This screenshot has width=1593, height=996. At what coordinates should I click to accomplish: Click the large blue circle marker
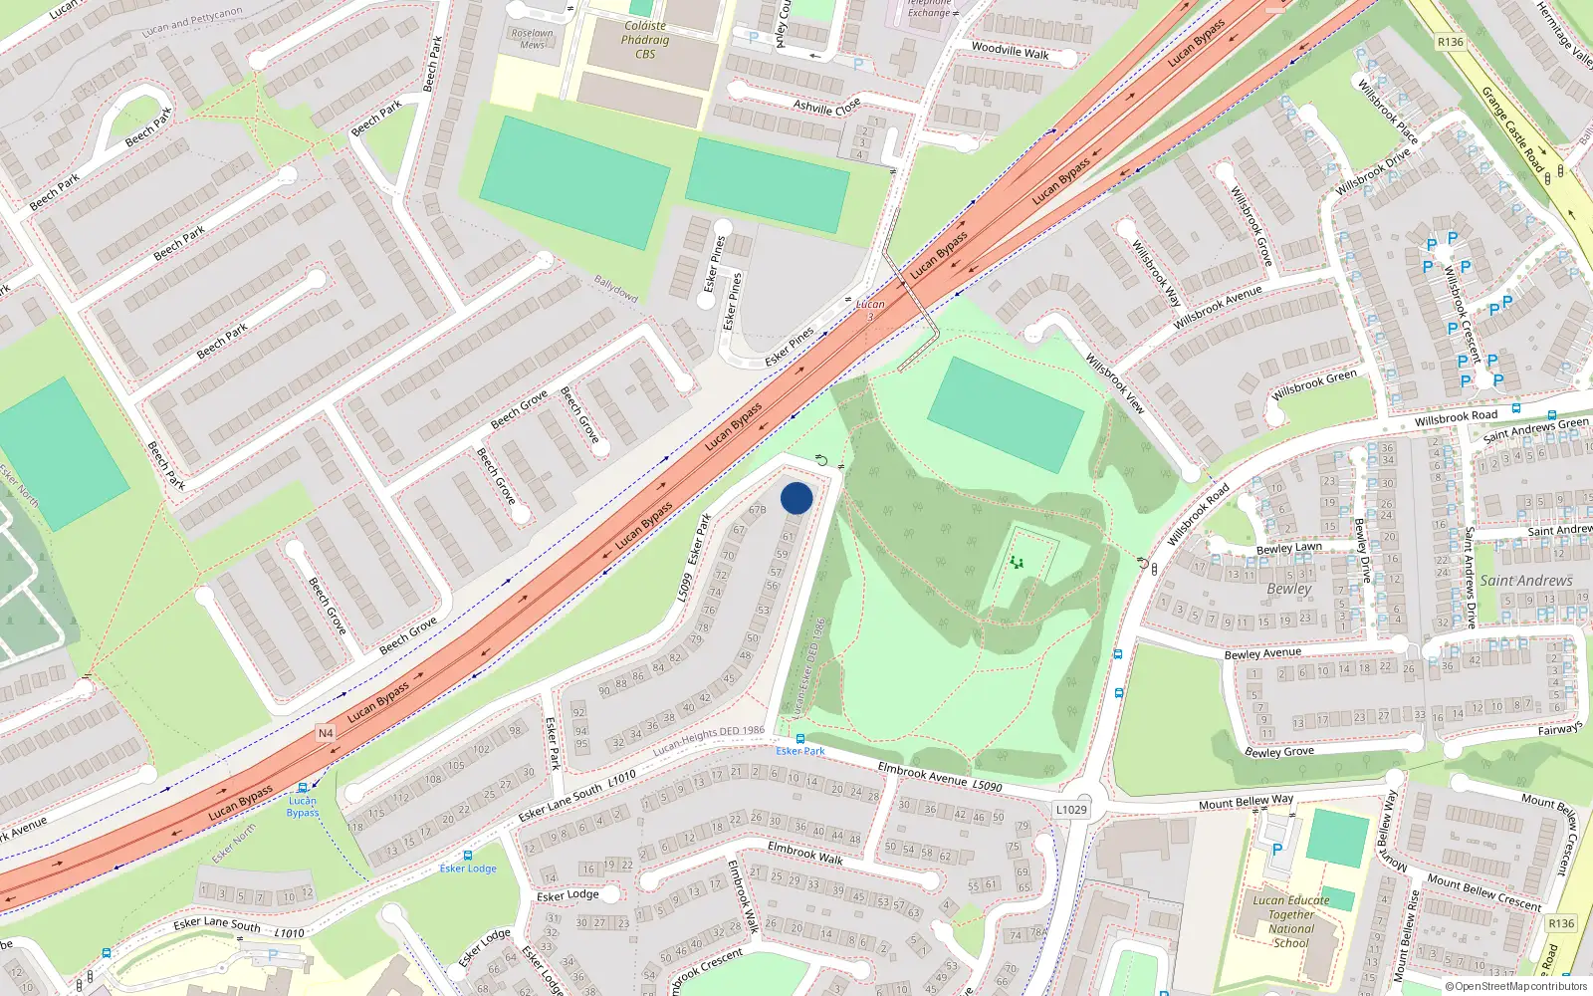796,498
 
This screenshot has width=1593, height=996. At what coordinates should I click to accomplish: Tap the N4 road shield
326,733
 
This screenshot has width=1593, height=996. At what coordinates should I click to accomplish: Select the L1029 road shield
1071,810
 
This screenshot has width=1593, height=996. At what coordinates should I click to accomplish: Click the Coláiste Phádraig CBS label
645,40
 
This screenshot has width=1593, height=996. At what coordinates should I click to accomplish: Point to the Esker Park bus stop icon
799,739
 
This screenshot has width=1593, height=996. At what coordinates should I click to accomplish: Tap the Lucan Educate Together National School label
1291,921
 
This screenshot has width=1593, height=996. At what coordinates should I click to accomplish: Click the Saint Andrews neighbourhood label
1526,581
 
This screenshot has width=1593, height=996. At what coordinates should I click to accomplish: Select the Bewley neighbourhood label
1289,589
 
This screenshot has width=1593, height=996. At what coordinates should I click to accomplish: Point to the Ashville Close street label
826,107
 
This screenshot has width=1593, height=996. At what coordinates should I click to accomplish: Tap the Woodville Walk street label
1010,50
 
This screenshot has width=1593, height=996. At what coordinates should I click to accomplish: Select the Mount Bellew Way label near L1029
1246,802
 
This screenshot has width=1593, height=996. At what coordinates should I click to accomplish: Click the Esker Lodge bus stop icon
468,856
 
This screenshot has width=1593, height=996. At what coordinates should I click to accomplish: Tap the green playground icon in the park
1016,563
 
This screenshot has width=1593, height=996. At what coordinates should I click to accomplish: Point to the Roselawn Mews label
533,39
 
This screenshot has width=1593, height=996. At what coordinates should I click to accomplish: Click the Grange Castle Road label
1511,129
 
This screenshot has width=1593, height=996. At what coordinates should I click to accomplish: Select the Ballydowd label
615,290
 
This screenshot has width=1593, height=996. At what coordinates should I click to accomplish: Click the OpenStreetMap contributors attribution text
1516,987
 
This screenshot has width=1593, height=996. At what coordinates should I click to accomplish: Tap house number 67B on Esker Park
757,510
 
